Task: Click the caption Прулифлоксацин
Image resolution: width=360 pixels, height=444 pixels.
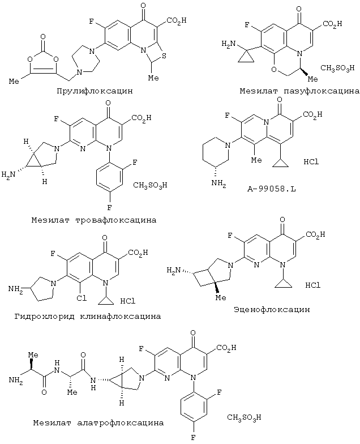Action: pyautogui.click(x=95, y=91)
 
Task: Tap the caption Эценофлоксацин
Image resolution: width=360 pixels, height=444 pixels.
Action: pyautogui.click(x=272, y=309)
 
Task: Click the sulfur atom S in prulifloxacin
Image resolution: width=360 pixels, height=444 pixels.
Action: pyautogui.click(x=164, y=57)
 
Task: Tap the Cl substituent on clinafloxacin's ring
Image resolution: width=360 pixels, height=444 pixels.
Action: pyautogui.click(x=82, y=298)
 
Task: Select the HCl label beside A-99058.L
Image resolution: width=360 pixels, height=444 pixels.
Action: pyautogui.click(x=311, y=162)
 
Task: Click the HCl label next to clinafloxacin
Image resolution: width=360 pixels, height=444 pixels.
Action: pyautogui.click(x=128, y=301)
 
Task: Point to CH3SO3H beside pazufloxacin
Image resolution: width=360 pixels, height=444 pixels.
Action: pyautogui.click(x=337, y=68)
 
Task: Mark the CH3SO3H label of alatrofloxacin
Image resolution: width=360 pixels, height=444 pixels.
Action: pyautogui.click(x=244, y=417)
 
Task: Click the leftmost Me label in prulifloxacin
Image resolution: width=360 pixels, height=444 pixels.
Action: pyautogui.click(x=14, y=82)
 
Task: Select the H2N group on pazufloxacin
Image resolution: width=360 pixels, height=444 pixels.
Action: pyautogui.click(x=229, y=44)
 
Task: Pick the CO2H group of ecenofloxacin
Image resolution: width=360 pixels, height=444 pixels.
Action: pyautogui.click(x=315, y=234)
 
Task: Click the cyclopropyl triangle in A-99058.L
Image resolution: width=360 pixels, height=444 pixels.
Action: pyautogui.click(x=280, y=163)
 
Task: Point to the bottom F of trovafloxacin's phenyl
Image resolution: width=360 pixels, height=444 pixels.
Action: pyautogui.click(x=110, y=207)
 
